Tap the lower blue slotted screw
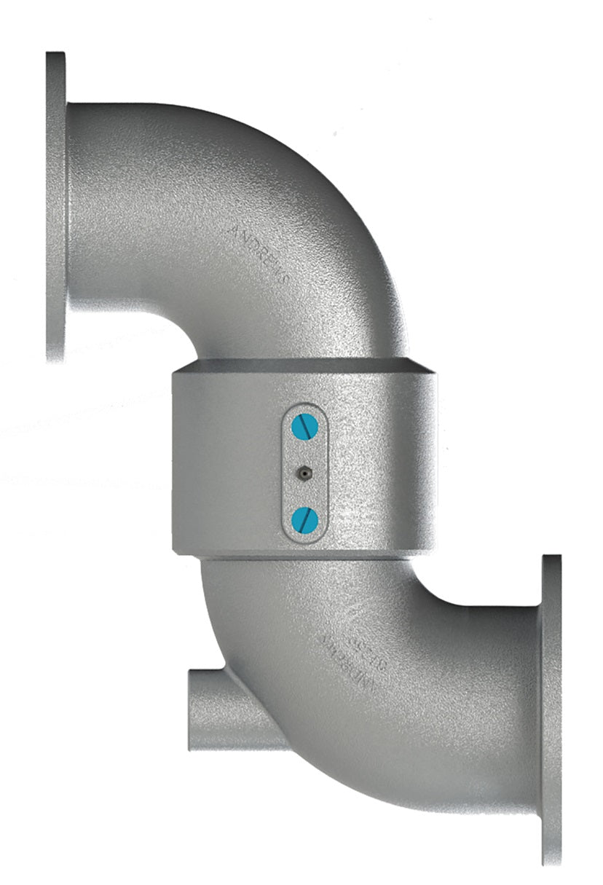click(304, 519)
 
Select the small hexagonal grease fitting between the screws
click(302, 473)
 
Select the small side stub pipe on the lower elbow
click(218, 710)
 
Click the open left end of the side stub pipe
click(192, 710)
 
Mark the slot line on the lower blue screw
click(304, 519)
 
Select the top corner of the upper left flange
click(55, 55)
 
